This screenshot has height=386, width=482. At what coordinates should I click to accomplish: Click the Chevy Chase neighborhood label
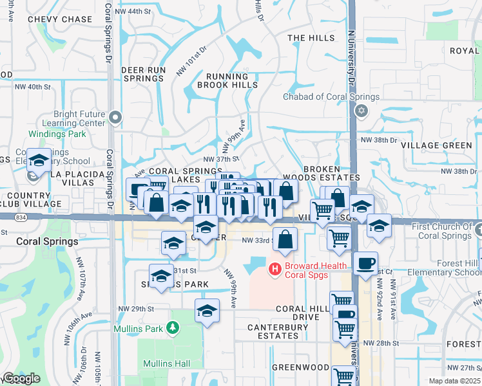(x=60, y=20)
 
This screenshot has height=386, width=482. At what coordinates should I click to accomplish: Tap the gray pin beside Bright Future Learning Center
(x=115, y=117)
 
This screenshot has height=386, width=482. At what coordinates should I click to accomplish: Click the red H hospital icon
(x=275, y=267)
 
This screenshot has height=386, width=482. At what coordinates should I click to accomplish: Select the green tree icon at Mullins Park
(x=171, y=327)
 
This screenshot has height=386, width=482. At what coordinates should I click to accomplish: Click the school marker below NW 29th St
(x=207, y=311)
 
